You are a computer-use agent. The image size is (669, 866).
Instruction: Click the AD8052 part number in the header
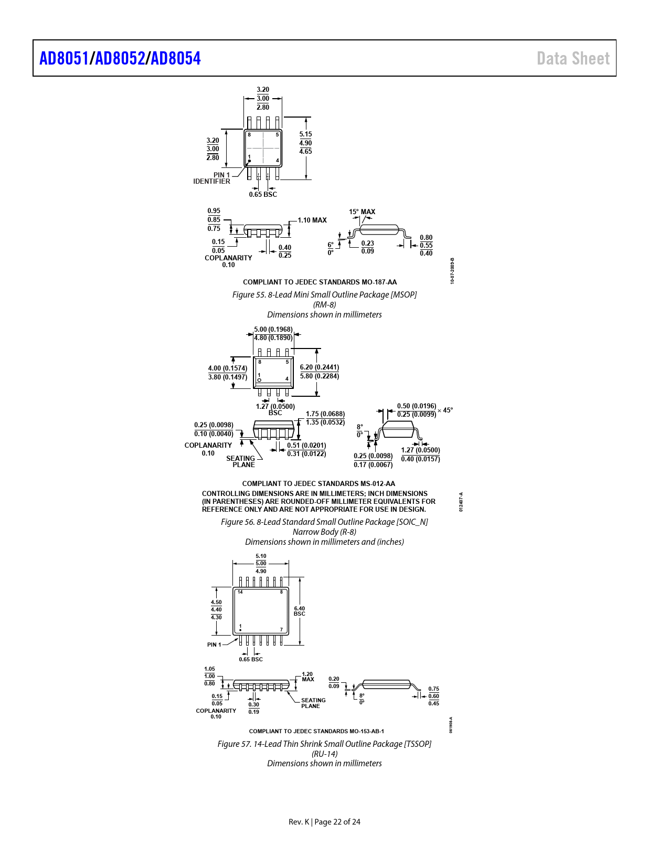(120, 59)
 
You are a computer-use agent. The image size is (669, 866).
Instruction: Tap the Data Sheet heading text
(573, 59)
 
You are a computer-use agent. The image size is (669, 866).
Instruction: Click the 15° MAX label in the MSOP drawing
(362, 212)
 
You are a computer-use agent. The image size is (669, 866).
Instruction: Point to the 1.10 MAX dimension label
(312, 220)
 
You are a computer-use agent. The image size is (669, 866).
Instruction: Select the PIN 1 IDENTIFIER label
(212, 178)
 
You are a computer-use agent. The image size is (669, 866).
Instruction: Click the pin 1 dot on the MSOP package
(249, 161)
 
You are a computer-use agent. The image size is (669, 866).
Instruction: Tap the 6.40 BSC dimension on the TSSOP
(299, 611)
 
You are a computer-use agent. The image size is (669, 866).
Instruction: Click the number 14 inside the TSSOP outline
(240, 592)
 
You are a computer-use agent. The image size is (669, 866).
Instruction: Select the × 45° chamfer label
(445, 410)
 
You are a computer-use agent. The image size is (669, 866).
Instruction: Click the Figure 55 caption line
(324, 294)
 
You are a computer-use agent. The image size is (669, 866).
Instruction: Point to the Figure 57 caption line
(324, 744)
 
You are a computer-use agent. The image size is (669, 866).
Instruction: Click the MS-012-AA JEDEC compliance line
(318, 483)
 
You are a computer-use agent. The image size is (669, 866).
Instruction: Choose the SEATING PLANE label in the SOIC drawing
(241, 461)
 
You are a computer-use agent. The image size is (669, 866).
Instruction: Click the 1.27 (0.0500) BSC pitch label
(275, 410)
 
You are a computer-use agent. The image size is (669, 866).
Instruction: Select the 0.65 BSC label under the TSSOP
(251, 659)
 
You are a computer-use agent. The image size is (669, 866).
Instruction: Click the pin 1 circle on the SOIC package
(259, 380)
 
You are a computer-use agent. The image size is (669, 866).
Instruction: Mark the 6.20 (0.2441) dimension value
(320, 367)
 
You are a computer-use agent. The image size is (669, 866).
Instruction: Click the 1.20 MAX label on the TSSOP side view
(307, 677)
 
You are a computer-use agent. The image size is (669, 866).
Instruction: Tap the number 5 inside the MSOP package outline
(278, 135)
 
